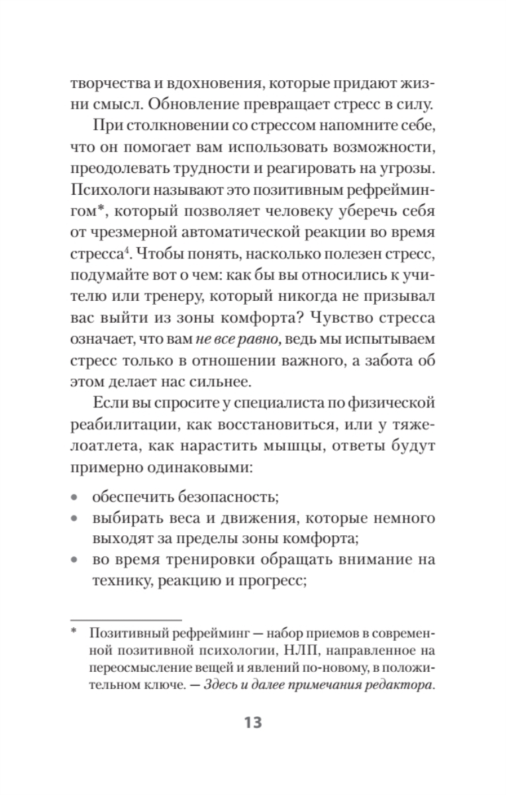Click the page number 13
point(252,721)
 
